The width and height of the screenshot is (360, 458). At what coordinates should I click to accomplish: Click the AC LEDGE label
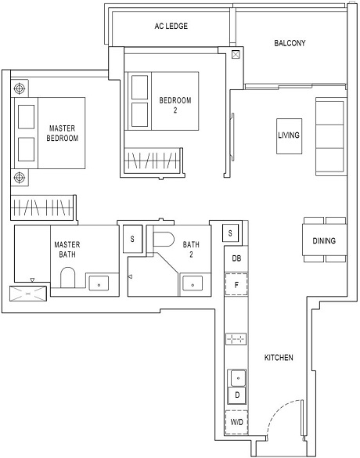(171, 26)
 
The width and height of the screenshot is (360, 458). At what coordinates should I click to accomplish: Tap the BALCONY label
(290, 43)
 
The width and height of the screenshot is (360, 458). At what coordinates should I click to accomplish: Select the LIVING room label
(289, 135)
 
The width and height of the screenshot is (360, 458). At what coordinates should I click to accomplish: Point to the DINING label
(324, 241)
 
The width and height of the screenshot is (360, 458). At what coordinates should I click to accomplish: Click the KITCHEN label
(279, 358)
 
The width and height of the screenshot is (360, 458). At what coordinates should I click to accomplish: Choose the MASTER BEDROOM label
(63, 133)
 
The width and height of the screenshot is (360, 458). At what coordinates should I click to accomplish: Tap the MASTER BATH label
(67, 250)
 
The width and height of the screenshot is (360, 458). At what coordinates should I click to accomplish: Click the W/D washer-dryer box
(236, 423)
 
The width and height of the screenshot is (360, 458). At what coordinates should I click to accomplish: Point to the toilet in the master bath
(67, 278)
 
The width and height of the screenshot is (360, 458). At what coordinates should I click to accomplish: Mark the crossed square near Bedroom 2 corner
(236, 56)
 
